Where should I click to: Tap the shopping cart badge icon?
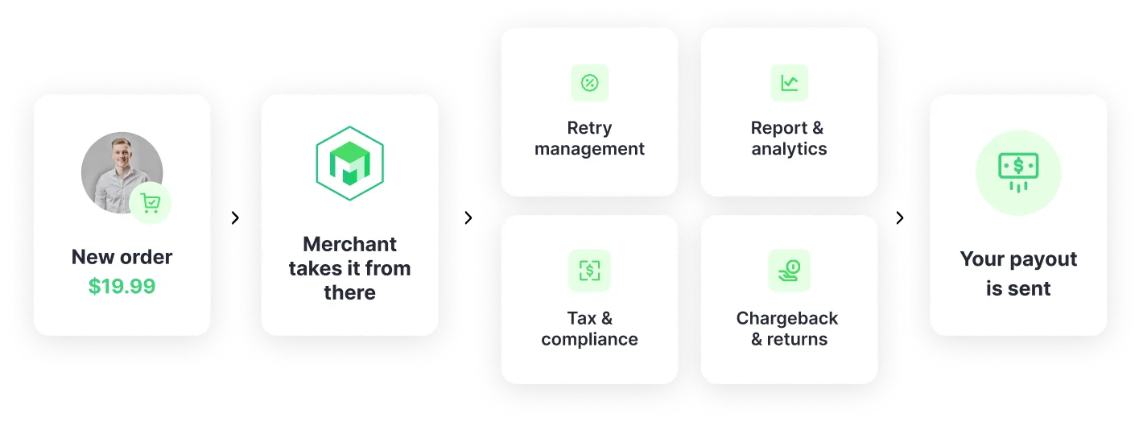tap(151, 203)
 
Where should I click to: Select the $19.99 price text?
tap(122, 286)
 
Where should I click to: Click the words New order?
tap(122, 257)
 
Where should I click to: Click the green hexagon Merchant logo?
tap(349, 163)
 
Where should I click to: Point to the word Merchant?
tap(349, 244)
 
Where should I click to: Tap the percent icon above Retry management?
tap(589, 82)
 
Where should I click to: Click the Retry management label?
tap(589, 139)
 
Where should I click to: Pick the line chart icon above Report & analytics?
tap(789, 82)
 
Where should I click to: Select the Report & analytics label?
tap(789, 139)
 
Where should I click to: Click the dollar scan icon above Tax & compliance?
tap(589, 271)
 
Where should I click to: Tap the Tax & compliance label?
tap(589, 329)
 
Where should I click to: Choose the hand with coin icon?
tap(789, 271)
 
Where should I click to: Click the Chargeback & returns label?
tap(789, 329)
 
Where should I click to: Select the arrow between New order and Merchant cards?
tap(234, 216)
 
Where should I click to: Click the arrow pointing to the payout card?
tap(901, 216)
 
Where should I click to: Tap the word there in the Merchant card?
tap(349, 292)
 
